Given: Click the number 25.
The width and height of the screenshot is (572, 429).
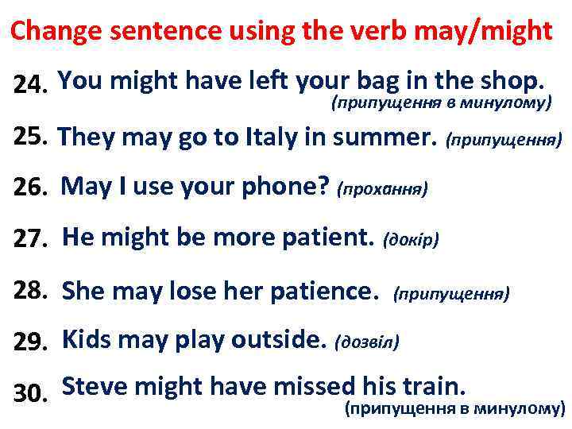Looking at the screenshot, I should point(31,137).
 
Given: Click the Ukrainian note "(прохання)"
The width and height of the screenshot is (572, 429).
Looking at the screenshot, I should point(383,189).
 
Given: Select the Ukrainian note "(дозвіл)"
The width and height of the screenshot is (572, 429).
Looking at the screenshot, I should point(367,342).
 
